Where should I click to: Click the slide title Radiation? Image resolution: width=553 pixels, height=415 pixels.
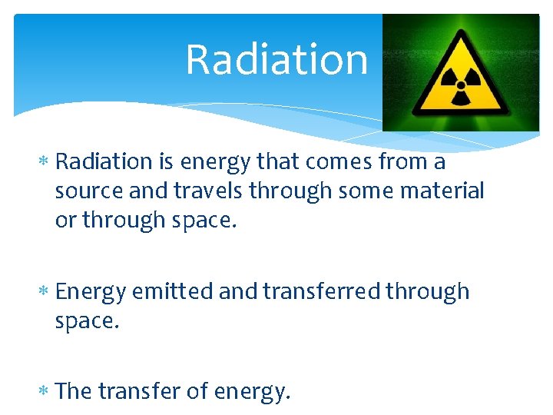(x=276, y=59)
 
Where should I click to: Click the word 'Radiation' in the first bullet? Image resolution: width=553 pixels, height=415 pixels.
(x=104, y=162)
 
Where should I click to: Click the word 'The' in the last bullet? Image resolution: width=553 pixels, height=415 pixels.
(x=74, y=392)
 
